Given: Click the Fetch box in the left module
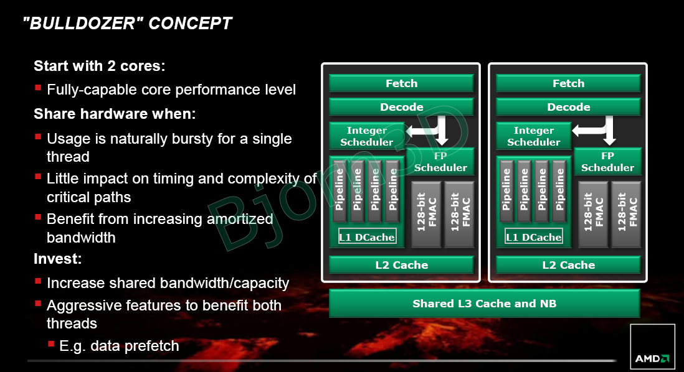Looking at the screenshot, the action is pyautogui.click(x=401, y=83).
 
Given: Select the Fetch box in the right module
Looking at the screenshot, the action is pyautogui.click(x=568, y=83).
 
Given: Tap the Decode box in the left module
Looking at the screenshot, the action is pyautogui.click(x=401, y=107).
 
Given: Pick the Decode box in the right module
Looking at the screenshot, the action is pyautogui.click(x=568, y=107).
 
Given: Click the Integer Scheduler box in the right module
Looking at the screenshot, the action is pyautogui.click(x=533, y=136).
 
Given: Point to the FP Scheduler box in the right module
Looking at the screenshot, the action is pyautogui.click(x=607, y=162).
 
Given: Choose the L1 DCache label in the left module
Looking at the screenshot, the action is pyautogui.click(x=368, y=237).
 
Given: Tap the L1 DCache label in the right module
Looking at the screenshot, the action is pyautogui.click(x=533, y=237).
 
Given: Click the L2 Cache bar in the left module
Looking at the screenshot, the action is pyautogui.click(x=401, y=265).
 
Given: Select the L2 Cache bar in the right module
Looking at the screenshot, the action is pyautogui.click(x=568, y=265).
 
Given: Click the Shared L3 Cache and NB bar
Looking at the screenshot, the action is pyautogui.click(x=484, y=303).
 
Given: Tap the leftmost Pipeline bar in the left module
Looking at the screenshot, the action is pyautogui.click(x=340, y=190).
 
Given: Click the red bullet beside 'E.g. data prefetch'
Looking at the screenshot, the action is pyautogui.click(x=51, y=344).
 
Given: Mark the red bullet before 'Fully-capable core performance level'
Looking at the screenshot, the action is pyautogui.click(x=38, y=88).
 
